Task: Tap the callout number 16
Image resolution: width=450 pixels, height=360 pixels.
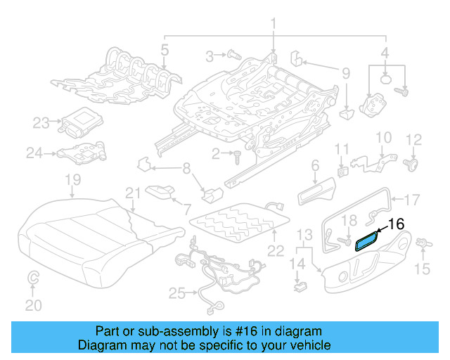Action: (x=397, y=224)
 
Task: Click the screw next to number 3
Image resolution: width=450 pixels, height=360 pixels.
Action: (x=234, y=55)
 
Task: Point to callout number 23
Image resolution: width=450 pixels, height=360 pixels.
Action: (x=41, y=122)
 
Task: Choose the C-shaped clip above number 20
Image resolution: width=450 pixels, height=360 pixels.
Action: (x=32, y=280)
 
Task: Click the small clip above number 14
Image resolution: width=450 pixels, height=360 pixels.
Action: (x=300, y=286)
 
